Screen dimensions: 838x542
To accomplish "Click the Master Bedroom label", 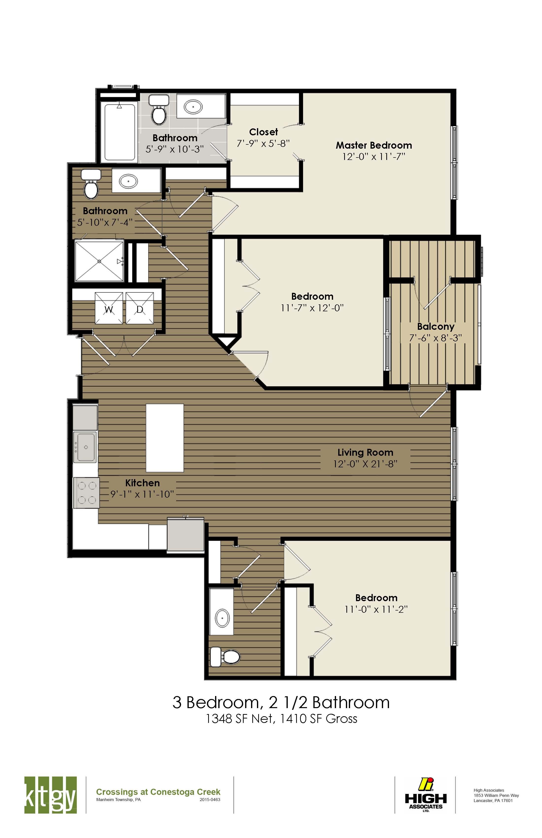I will point(374,145).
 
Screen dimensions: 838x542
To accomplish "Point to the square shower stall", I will point(99,261).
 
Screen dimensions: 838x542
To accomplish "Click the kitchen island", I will point(165,438).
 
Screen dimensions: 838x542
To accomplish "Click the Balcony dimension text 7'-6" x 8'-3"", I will point(435,338).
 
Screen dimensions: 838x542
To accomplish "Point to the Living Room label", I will point(365,453).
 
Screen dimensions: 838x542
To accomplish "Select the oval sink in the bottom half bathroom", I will point(222,618).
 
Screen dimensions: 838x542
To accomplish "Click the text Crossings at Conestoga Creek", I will point(158,792).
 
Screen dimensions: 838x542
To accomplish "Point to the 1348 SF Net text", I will point(239,718).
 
